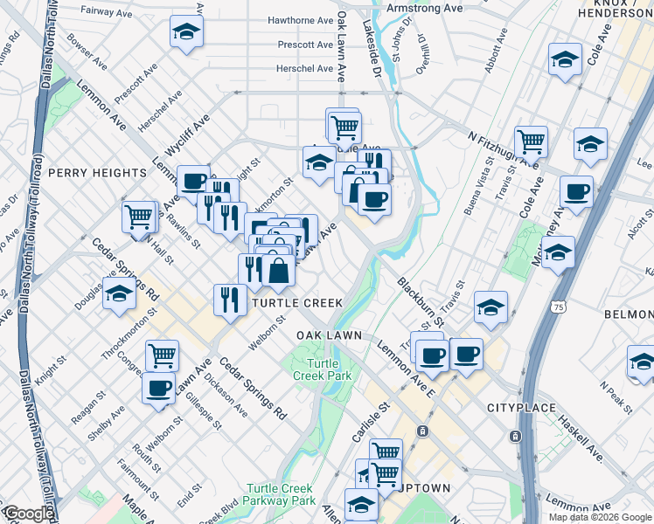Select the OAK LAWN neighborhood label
click(324, 336)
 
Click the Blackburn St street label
click(420, 303)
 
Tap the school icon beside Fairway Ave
click(185, 32)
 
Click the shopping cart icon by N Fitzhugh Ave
click(531, 139)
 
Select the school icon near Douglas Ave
click(118, 292)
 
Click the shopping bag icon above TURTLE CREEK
click(278, 271)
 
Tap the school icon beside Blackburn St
click(491, 307)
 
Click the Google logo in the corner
click(28, 514)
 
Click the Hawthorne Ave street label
click(301, 19)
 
